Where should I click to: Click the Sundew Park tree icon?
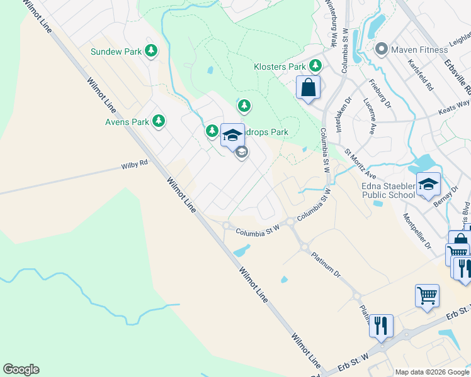[150, 51]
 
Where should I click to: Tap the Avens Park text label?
[127, 121]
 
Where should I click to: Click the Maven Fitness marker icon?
[380, 48]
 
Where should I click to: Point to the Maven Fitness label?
[416, 48]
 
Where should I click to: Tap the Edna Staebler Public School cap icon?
[428, 183]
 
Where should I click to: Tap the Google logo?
[21, 369]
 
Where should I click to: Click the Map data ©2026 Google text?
[432, 372]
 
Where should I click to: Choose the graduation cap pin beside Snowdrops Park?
[232, 134]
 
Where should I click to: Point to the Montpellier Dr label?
[416, 232]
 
